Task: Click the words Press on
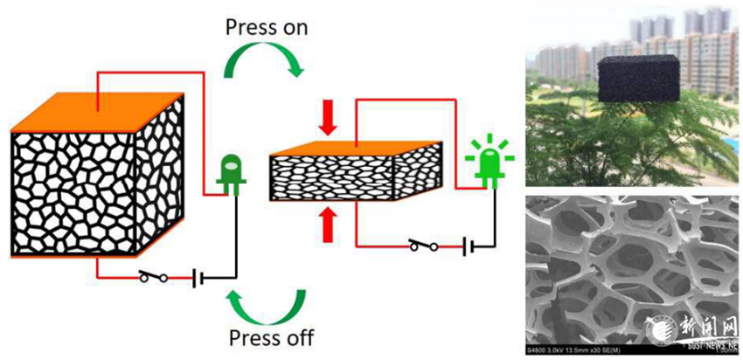(267, 27)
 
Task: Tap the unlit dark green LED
(232, 170)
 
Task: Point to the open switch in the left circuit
(155, 279)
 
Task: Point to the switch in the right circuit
(424, 247)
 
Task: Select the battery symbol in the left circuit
(200, 279)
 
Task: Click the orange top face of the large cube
(96, 109)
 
